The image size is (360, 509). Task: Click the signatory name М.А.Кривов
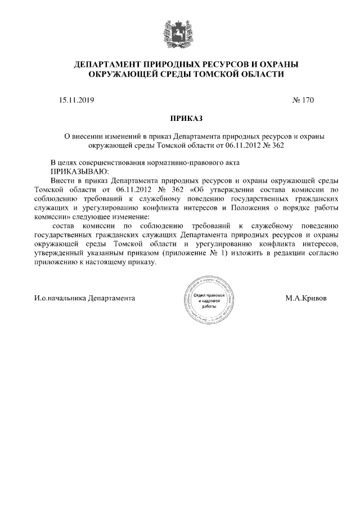pyautogui.click(x=305, y=299)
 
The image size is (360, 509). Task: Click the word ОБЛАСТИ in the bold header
pyautogui.click(x=261, y=74)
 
